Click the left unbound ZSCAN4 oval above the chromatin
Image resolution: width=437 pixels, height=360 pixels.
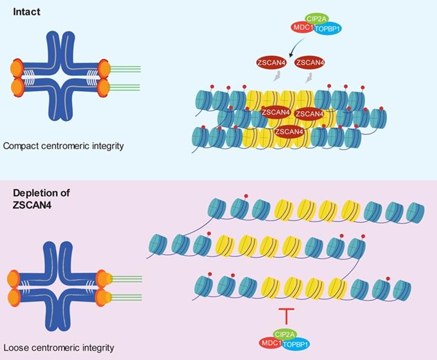click(272, 61)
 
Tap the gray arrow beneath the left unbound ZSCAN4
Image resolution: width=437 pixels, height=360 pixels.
click(277, 78)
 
